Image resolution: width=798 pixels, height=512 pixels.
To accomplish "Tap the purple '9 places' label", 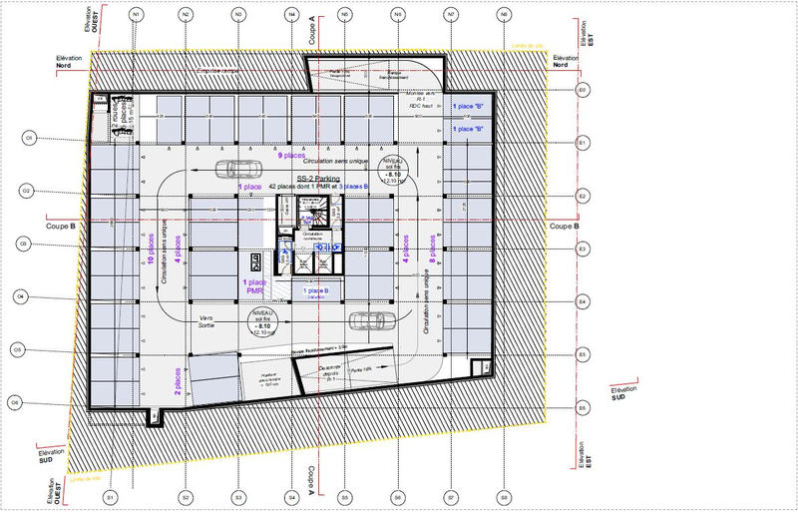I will pos(291,157).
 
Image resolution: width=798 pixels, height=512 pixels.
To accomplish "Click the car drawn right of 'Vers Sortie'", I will pos(370,320).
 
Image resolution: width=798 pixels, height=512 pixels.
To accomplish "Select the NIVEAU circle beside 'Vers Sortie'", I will pos(263,321).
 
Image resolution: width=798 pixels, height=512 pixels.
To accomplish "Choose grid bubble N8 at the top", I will pos(504,15).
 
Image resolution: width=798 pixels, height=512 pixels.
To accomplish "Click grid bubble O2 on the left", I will pos(28,190).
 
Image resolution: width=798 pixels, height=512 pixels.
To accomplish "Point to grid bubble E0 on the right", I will pos(583,90).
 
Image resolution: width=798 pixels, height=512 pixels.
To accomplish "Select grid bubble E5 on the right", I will pos(583,355).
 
